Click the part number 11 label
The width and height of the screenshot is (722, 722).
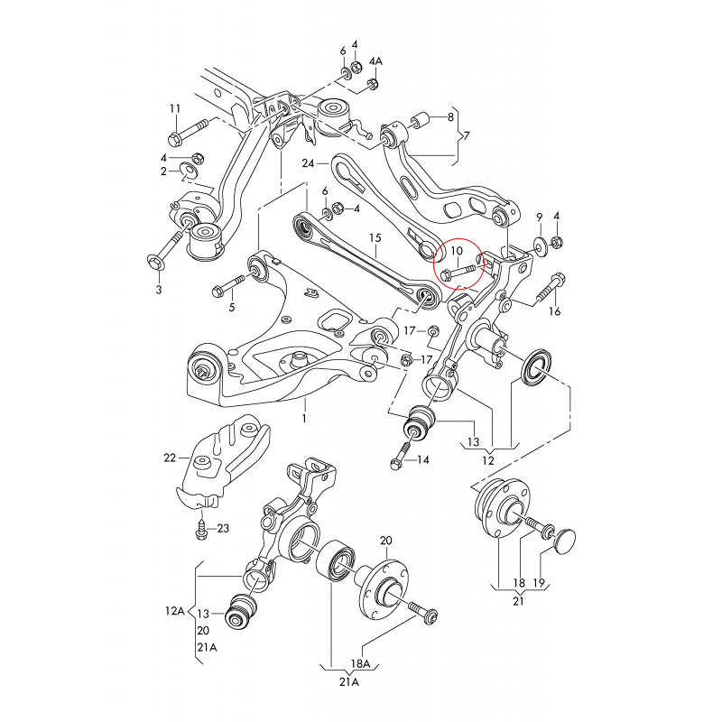(x=175, y=109)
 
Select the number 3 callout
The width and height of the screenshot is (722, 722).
(x=158, y=290)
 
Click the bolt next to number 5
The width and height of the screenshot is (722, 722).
(x=224, y=289)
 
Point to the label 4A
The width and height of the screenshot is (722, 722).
(x=377, y=60)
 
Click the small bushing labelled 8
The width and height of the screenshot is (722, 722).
(x=419, y=119)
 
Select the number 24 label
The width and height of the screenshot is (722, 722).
(x=309, y=164)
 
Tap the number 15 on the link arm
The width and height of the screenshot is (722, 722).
(x=375, y=238)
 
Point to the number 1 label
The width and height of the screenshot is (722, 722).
(x=304, y=419)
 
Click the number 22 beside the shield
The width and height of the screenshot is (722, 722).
(x=170, y=458)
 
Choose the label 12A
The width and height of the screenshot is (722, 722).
(x=174, y=611)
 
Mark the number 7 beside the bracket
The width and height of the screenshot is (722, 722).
(x=466, y=136)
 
